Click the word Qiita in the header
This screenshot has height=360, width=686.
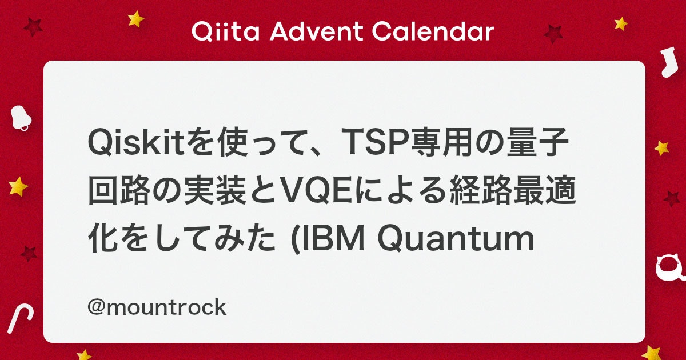[x=226, y=31]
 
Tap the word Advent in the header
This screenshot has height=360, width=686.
[x=316, y=31]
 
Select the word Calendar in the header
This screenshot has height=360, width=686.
[x=433, y=31]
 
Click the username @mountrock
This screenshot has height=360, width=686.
[x=157, y=307]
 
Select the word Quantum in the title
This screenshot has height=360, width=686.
[x=456, y=239]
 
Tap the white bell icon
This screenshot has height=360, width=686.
[x=21, y=118]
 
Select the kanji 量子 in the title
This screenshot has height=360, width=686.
[x=537, y=142]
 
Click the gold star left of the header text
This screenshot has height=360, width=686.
[x=135, y=19]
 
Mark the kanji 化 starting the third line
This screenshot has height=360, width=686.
[x=103, y=239]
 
